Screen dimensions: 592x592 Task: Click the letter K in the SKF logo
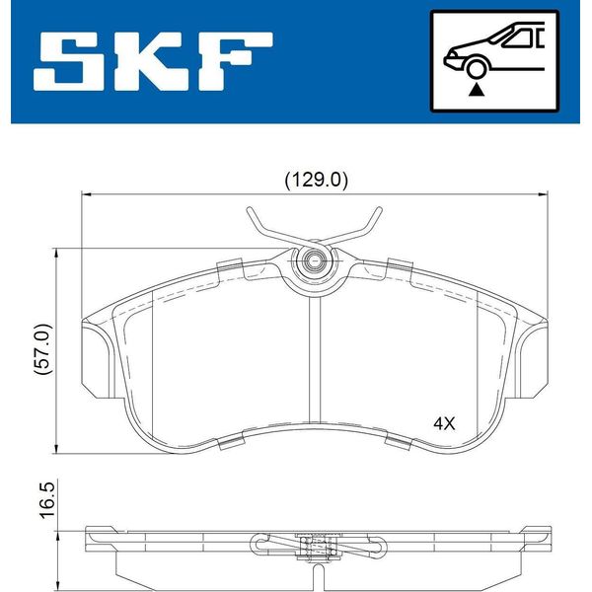(x=152, y=61)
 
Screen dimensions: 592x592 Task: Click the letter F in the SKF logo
(x=234, y=61)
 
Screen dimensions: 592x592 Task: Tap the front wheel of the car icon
(x=476, y=68)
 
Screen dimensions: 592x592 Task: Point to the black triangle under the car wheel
(x=477, y=90)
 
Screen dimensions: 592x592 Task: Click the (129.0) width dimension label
(x=316, y=181)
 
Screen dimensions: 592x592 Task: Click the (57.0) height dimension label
(x=42, y=348)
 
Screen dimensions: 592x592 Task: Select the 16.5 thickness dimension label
(x=48, y=500)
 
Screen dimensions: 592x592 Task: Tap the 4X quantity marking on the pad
(x=444, y=423)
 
